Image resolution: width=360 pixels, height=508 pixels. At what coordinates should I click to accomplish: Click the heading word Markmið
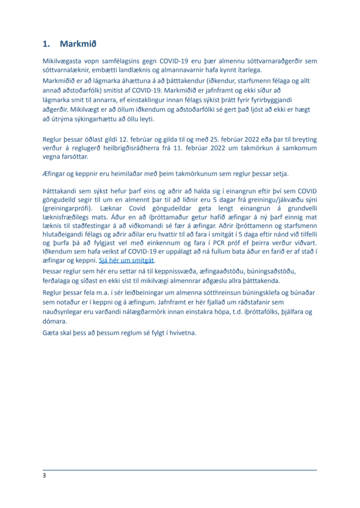(77, 44)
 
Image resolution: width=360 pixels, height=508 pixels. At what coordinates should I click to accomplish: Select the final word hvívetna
(181, 332)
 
